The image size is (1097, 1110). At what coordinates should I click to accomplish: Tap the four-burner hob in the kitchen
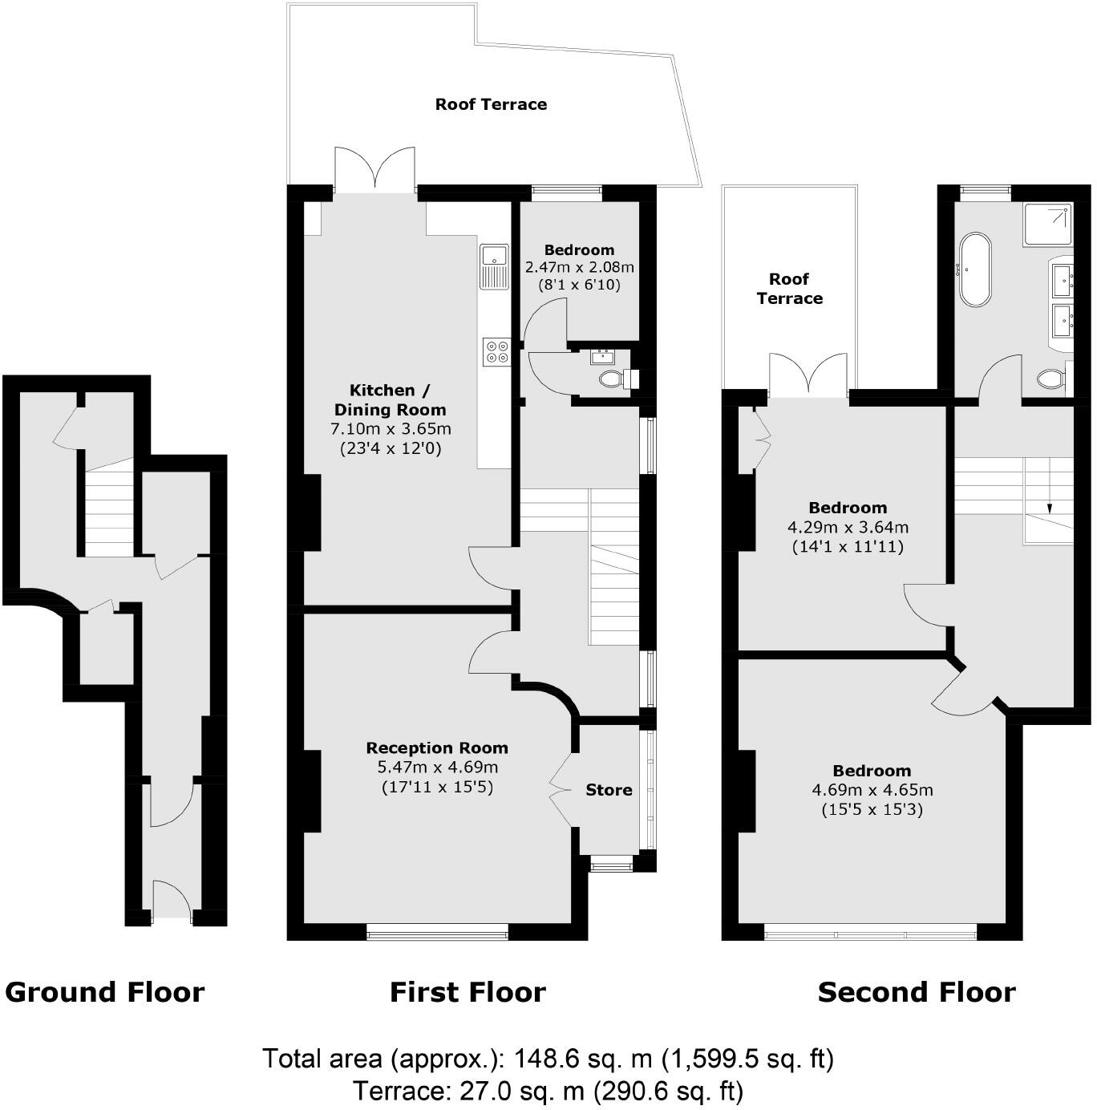coord(496,352)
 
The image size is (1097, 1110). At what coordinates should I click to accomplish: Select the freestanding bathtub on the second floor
coord(975,269)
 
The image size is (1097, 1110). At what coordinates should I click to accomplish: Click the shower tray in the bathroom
coord(1048,224)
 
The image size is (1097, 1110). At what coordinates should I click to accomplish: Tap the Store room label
coord(609,790)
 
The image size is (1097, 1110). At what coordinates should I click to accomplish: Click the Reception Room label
coord(437,747)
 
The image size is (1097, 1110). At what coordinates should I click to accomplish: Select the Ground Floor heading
coord(104,992)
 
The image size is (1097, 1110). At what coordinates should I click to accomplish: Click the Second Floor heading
coord(917,992)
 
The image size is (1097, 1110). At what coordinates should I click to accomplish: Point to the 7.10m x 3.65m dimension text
coord(391,429)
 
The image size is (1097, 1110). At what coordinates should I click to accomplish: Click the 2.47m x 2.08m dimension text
coord(579,267)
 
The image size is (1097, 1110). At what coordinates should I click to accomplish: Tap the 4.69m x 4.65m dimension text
coord(872,790)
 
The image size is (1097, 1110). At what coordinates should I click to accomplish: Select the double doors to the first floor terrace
coord(375,170)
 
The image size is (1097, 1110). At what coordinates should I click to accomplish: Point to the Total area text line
coord(548,1059)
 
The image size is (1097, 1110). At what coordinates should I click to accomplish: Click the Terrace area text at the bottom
coord(548,1091)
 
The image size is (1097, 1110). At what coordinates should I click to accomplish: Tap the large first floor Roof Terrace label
coord(491,104)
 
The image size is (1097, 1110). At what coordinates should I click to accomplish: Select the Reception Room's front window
coord(437,931)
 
